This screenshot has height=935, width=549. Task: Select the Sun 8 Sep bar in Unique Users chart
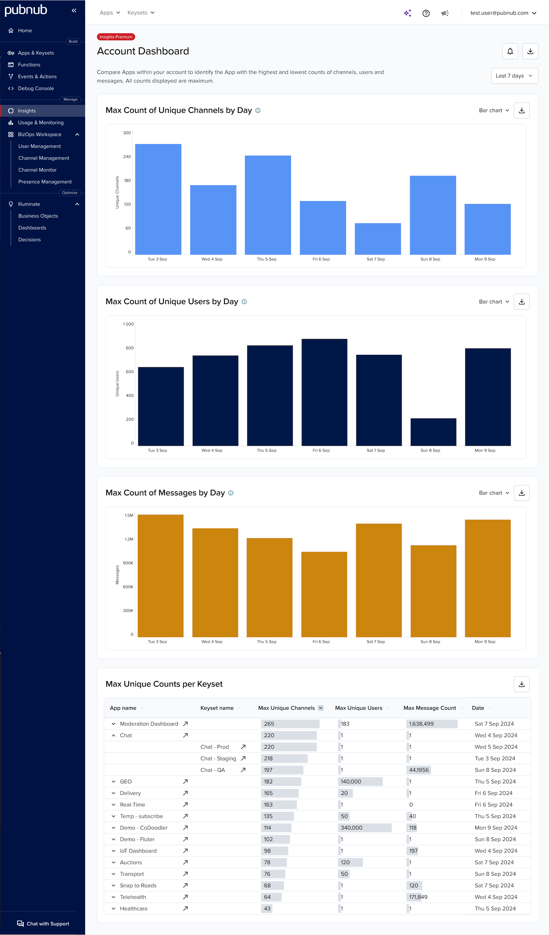point(433,432)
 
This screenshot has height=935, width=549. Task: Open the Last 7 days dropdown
point(514,76)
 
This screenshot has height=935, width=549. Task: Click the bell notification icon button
point(510,51)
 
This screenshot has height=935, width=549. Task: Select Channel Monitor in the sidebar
point(37,170)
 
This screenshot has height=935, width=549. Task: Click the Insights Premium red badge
point(116,37)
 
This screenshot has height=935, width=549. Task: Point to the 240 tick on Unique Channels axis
point(127,156)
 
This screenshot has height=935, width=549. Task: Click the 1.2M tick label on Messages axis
point(129,539)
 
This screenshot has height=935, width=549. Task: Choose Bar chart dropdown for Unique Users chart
point(494,302)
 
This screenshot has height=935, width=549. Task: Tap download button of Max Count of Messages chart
point(521,493)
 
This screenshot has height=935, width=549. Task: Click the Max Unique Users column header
point(358,708)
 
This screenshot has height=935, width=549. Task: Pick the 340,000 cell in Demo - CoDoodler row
point(352,828)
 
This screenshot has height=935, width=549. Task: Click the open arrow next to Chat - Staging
point(243,758)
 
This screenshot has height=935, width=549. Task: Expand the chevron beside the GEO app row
point(113,781)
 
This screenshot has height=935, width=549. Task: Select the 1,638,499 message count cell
point(421,724)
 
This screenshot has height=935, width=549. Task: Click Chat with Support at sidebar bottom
point(43,923)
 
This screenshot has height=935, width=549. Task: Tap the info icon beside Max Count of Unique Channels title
point(258,110)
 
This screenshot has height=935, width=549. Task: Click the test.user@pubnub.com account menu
point(503,13)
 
